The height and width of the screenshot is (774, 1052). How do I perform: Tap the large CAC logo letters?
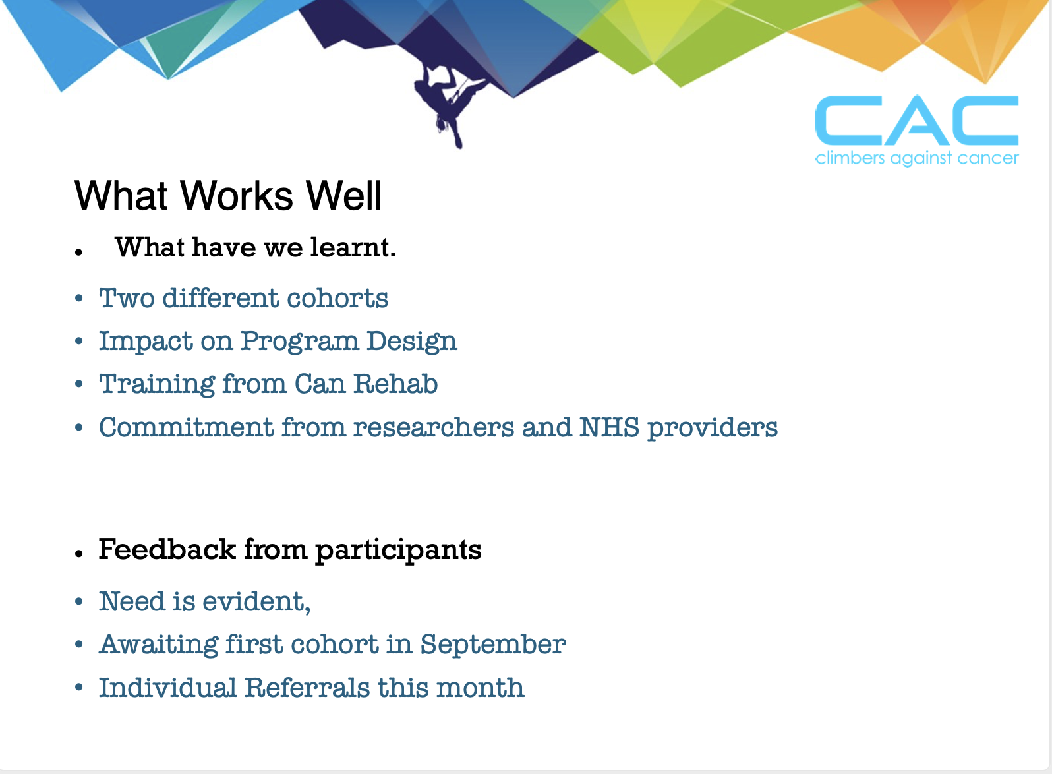[917, 121]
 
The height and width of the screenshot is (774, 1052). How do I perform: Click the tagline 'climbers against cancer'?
[917, 158]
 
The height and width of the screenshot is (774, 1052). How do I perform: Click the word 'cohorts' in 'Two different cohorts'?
[337, 299]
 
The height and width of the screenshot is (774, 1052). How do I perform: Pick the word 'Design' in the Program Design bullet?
[411, 342]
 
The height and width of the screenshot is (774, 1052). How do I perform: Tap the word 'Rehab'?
[395, 384]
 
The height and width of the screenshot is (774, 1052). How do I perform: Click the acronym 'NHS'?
[609, 428]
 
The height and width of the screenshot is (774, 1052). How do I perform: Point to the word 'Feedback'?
[167, 549]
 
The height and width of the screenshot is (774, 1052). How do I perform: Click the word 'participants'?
[398, 551]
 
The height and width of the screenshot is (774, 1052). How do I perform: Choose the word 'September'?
[492, 645]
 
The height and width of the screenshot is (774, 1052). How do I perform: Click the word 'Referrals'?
[307, 688]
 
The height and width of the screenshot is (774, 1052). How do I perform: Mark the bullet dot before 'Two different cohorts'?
[79, 299]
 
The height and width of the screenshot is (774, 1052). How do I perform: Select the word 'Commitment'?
[187, 428]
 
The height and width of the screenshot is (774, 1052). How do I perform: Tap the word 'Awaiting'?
[158, 645]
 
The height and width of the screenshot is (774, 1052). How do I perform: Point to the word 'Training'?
[157, 385]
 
